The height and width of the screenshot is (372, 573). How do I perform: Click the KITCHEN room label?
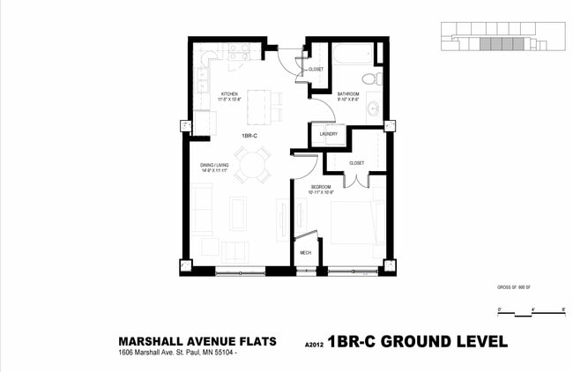click(229, 93)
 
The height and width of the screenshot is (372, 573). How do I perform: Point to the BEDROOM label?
click(320, 187)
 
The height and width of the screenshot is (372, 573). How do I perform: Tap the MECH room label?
click(305, 253)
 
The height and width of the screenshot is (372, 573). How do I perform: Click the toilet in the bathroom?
click(369, 78)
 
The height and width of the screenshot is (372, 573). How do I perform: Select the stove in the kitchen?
click(236, 52)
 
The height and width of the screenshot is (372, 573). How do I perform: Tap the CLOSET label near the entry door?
click(316, 69)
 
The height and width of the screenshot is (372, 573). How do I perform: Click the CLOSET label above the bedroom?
click(356, 163)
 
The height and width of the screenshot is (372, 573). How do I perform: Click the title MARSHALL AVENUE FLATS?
click(197, 341)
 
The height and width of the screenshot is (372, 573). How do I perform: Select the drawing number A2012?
click(313, 344)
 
